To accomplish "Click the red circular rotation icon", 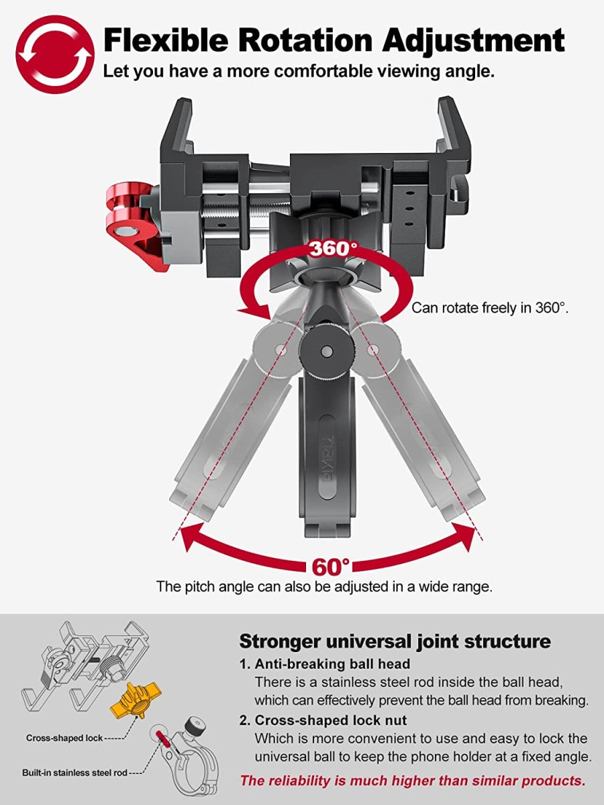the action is pyautogui.click(x=55, y=54).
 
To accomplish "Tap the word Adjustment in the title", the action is pyautogui.click(x=473, y=42).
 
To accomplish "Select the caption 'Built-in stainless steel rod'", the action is pyautogui.click(x=74, y=773).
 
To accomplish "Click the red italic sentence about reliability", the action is pyautogui.click(x=413, y=780).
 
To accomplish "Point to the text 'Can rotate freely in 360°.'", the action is pyautogui.click(x=490, y=308).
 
